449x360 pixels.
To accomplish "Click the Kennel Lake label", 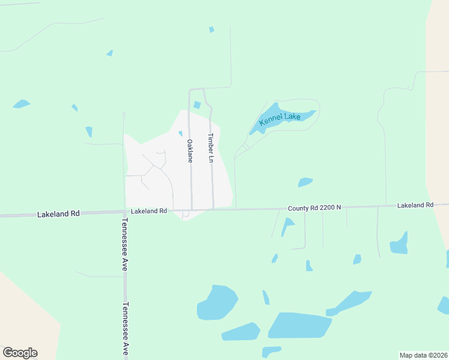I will click(279, 119).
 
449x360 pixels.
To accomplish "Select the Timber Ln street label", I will click(211, 148).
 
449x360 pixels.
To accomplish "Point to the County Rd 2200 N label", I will click(314, 208).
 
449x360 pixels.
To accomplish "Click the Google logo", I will click(20, 353).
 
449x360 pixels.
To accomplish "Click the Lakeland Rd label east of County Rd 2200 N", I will click(415, 205).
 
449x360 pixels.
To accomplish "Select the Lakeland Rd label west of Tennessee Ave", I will click(58, 214).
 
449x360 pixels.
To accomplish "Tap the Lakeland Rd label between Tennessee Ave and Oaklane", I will click(148, 211).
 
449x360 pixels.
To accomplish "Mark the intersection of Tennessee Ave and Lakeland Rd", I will click(125, 211).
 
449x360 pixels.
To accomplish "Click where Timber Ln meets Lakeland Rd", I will click(213, 209).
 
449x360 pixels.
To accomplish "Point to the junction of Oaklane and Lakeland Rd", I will click(191, 210).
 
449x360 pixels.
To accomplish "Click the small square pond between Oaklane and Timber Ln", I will click(197, 105).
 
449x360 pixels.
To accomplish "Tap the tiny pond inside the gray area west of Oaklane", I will click(180, 133).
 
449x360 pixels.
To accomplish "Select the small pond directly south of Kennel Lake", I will click(305, 182).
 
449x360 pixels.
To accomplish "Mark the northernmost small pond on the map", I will click(211, 29).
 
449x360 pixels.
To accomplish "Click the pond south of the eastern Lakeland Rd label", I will click(399, 243).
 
